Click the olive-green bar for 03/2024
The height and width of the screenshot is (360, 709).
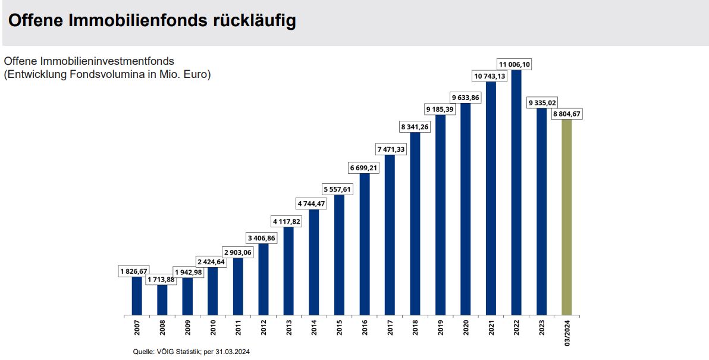tap(566, 217)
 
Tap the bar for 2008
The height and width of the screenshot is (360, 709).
tap(162, 300)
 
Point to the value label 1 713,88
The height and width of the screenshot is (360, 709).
tap(162, 279)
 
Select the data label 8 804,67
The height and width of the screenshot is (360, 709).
tap(566, 114)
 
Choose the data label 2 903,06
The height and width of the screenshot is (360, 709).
tap(239, 252)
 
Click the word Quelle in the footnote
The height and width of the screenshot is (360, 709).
tap(142, 352)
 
